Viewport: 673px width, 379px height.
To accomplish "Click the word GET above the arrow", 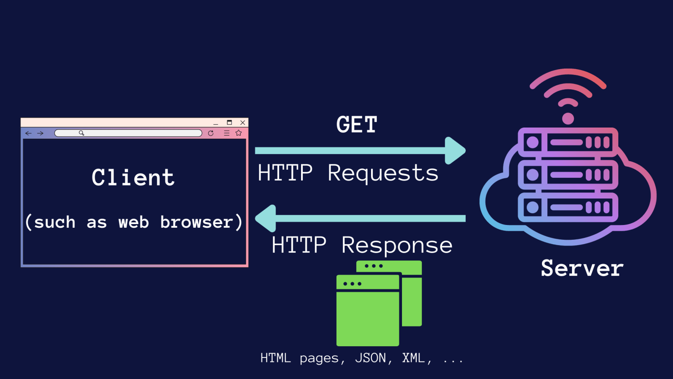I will (x=357, y=125).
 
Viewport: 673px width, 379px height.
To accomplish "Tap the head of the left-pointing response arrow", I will (x=266, y=218).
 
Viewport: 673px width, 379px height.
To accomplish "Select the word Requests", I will (x=383, y=173).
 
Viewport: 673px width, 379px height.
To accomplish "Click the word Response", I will (x=397, y=246).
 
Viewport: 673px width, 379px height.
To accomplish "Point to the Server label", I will (x=582, y=269).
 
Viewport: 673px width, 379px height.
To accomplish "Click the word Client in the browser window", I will (x=133, y=177).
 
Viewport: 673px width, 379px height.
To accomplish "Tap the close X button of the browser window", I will (x=243, y=123).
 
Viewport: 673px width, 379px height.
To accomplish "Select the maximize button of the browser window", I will (x=229, y=123).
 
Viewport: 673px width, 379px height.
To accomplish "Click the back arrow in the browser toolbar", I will (x=29, y=133).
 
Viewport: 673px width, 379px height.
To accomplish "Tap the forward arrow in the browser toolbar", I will (x=40, y=133).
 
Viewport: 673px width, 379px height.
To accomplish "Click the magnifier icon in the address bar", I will (x=82, y=133).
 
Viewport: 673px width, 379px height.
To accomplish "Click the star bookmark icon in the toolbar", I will (x=239, y=133).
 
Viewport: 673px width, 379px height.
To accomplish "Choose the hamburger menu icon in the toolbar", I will (x=227, y=133).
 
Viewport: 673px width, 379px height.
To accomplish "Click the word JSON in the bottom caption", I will (x=370, y=358).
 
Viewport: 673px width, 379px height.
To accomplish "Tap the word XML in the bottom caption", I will (x=413, y=358).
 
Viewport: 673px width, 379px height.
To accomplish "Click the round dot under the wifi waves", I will (x=568, y=119).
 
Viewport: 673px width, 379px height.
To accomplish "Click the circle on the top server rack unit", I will (x=533, y=143).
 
